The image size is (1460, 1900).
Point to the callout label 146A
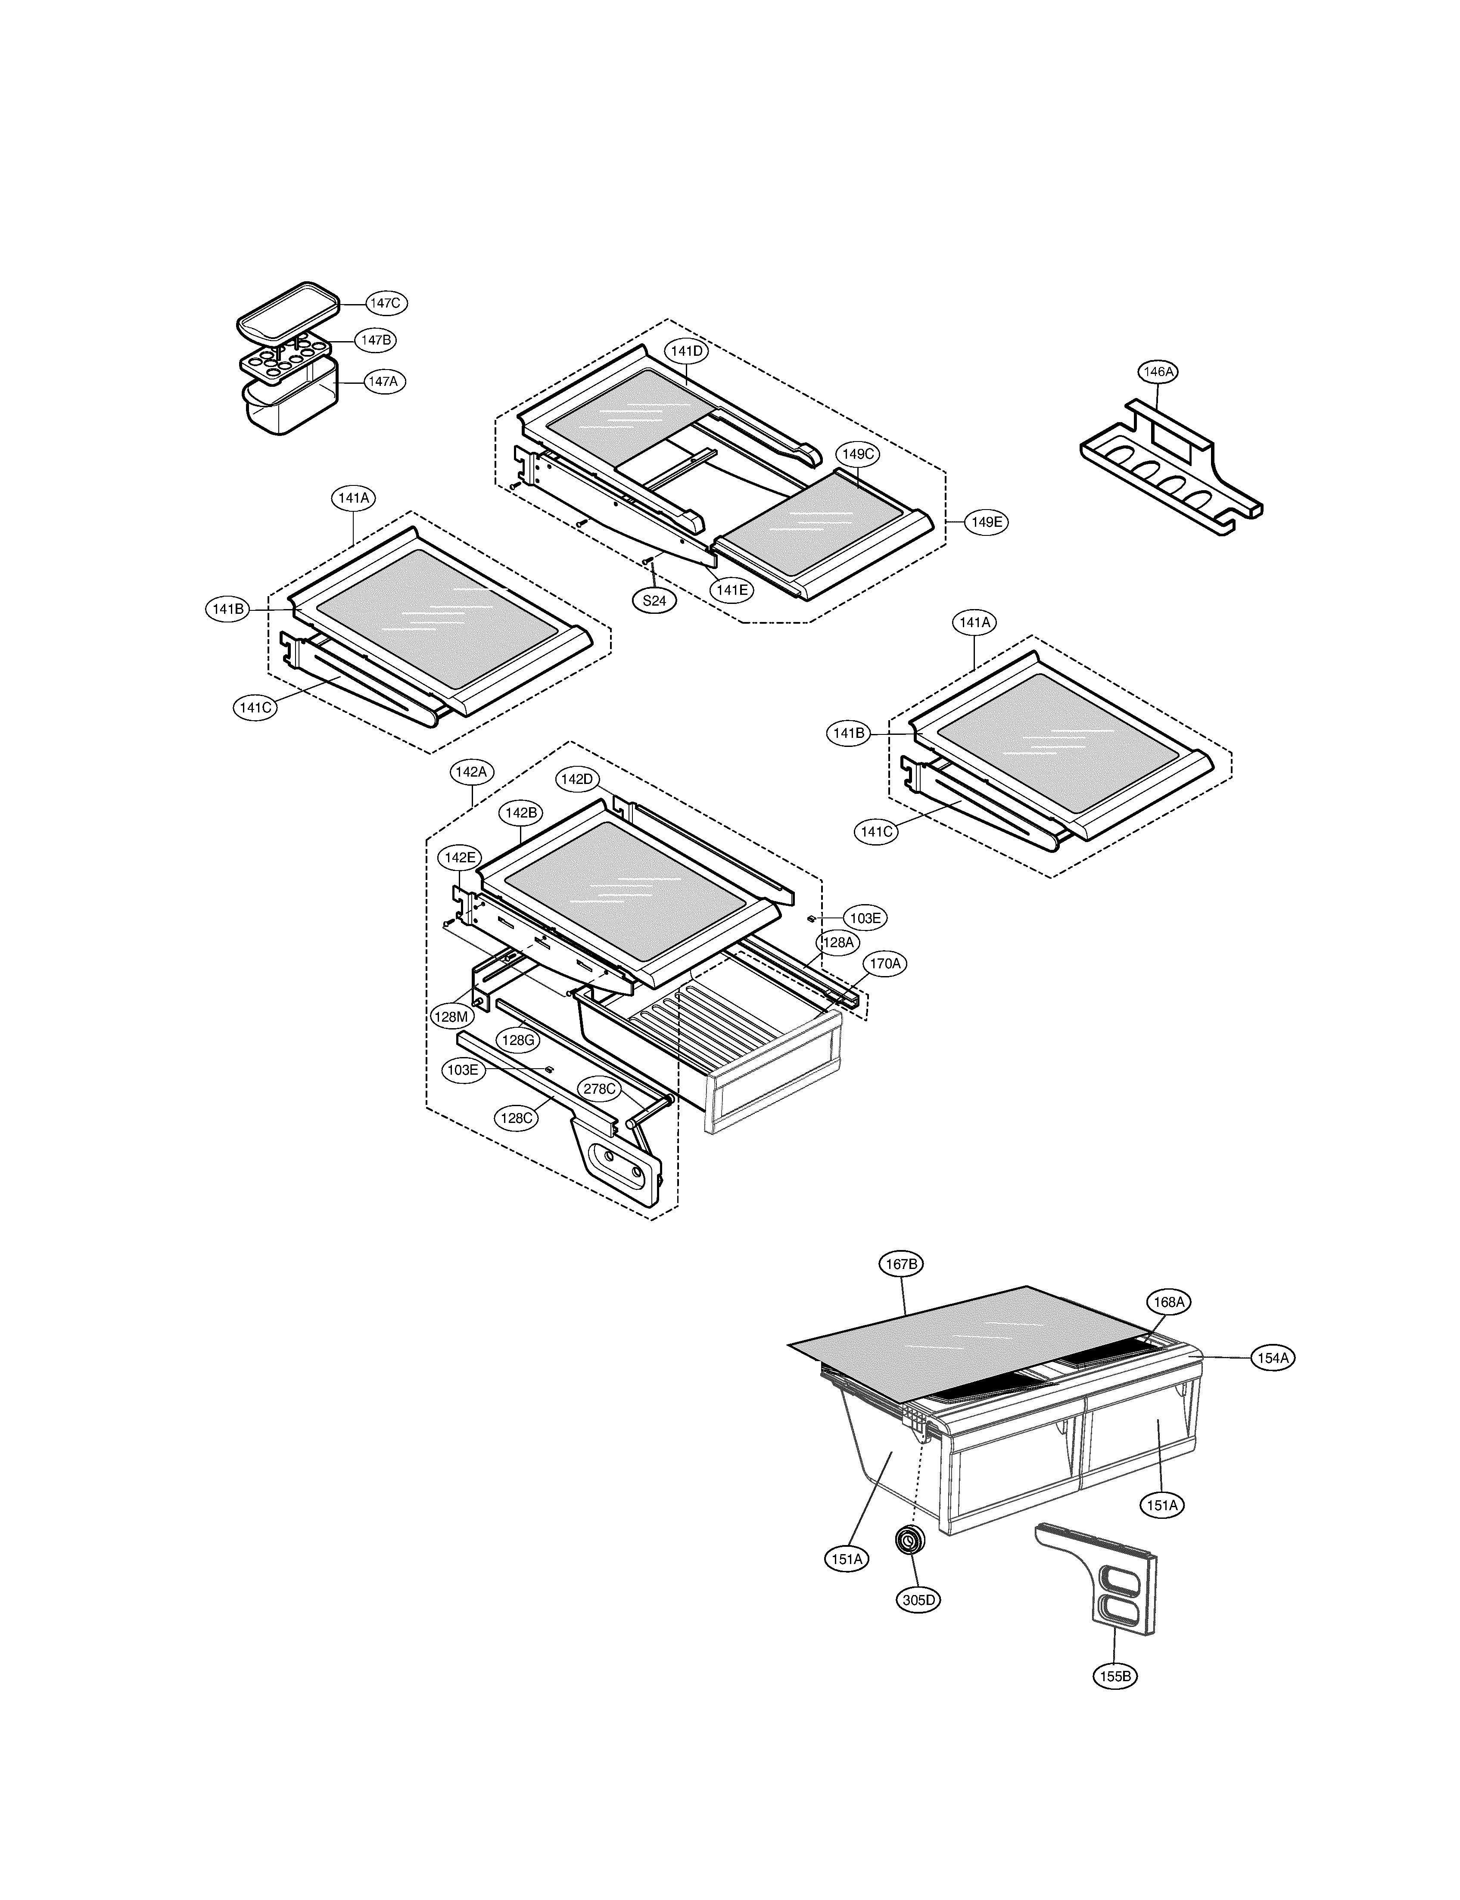tap(1158, 372)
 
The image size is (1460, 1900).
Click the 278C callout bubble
tap(600, 1088)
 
